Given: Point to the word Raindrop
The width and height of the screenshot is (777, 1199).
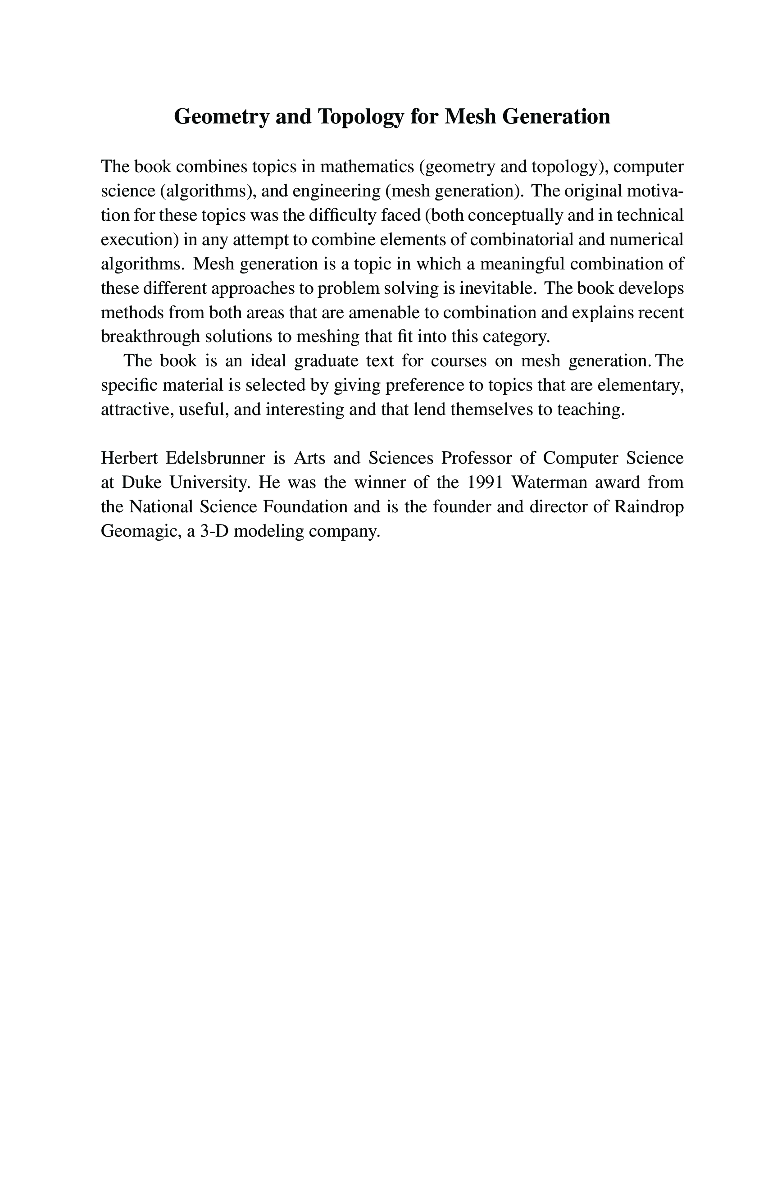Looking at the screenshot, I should click(x=649, y=506).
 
